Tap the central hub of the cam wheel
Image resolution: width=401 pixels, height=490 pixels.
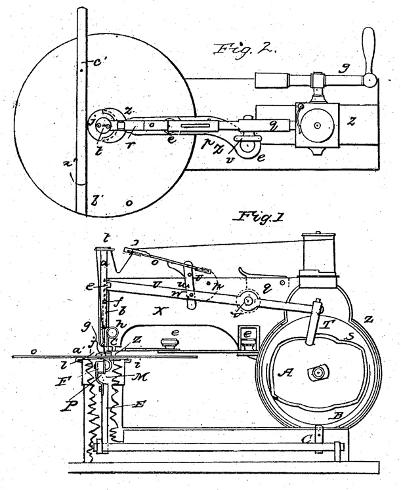pos(318,373)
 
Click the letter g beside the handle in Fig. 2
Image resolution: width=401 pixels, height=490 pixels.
pos(343,67)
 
